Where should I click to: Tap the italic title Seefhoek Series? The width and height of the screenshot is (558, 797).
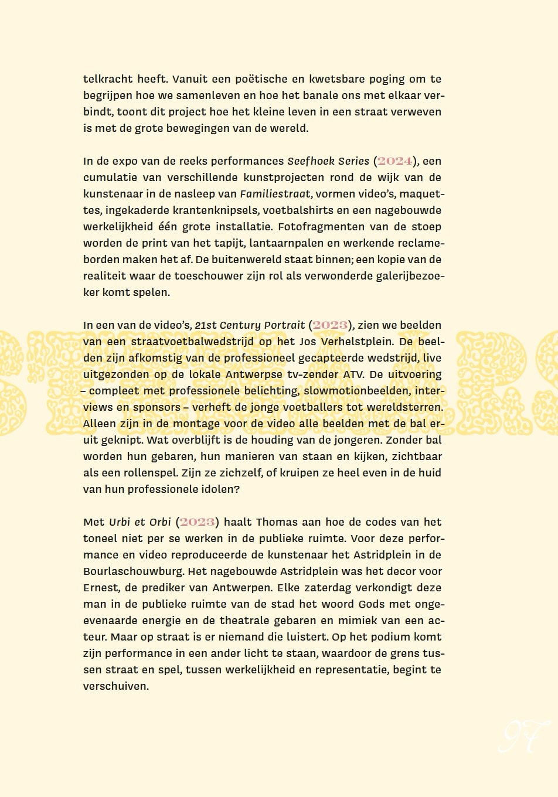(328, 161)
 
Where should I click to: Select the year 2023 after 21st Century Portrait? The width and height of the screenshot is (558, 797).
(330, 325)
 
